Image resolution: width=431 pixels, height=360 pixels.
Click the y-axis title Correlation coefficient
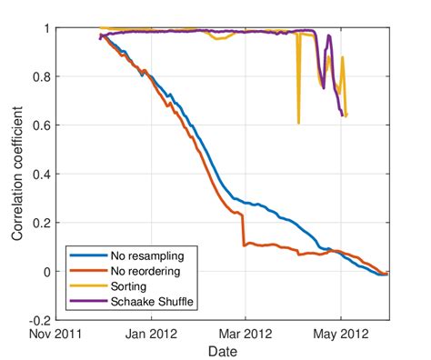17,173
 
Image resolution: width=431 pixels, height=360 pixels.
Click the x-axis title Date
223,350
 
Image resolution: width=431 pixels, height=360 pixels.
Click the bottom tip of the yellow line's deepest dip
298,123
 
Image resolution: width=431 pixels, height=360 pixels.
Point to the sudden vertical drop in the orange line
243,230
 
